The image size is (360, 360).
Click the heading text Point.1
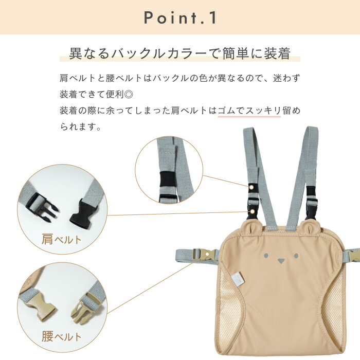click(180, 17)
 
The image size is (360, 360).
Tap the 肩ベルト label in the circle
click(62, 239)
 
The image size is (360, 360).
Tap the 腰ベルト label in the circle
click(62, 336)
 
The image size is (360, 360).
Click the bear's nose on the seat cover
click(281, 261)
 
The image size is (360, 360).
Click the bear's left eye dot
click(266, 255)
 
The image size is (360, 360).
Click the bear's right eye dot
click(296, 255)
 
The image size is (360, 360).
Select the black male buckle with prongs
click(41, 207)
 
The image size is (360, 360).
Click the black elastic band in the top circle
click(168, 178)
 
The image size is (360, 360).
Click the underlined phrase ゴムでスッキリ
click(249, 111)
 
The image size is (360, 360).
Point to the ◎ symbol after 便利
click(129, 94)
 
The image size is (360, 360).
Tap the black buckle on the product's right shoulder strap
click(311, 202)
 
